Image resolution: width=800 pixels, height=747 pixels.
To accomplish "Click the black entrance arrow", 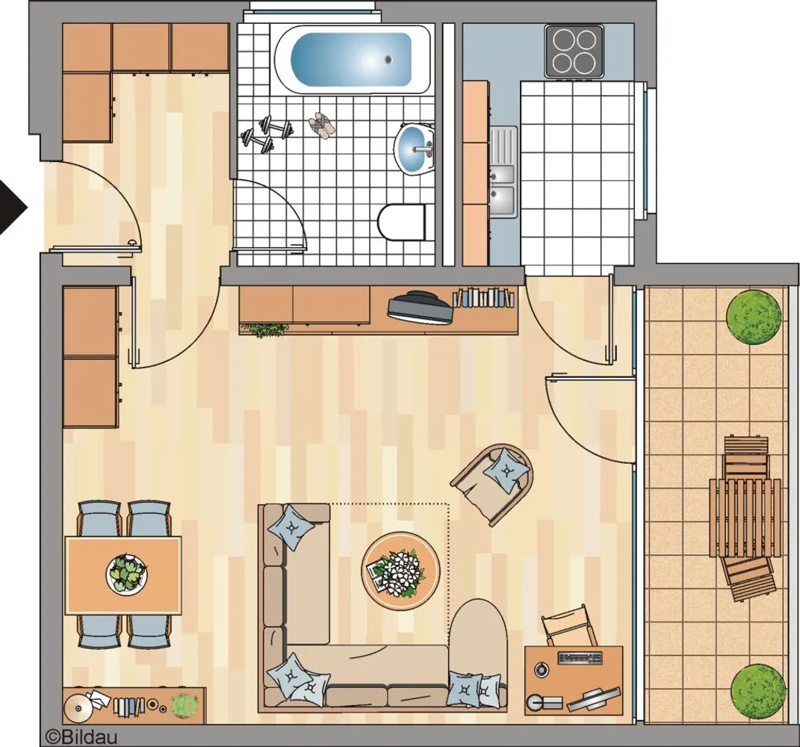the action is click(11, 208).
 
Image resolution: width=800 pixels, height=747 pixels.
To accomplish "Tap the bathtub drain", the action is click(388, 60).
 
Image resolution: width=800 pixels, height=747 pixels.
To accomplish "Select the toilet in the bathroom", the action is click(402, 222).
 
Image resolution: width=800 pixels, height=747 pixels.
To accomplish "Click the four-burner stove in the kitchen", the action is click(574, 51).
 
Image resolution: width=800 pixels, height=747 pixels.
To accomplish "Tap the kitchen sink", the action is click(503, 173).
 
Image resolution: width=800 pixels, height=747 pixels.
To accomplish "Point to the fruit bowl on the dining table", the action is click(128, 574).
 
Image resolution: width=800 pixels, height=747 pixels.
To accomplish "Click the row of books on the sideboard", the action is click(483, 297).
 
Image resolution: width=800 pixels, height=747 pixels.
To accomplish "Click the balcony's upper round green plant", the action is click(754, 316).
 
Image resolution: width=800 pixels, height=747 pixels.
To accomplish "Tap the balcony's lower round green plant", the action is click(757, 691).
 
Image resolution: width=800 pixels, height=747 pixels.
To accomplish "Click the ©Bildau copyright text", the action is click(81, 737).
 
